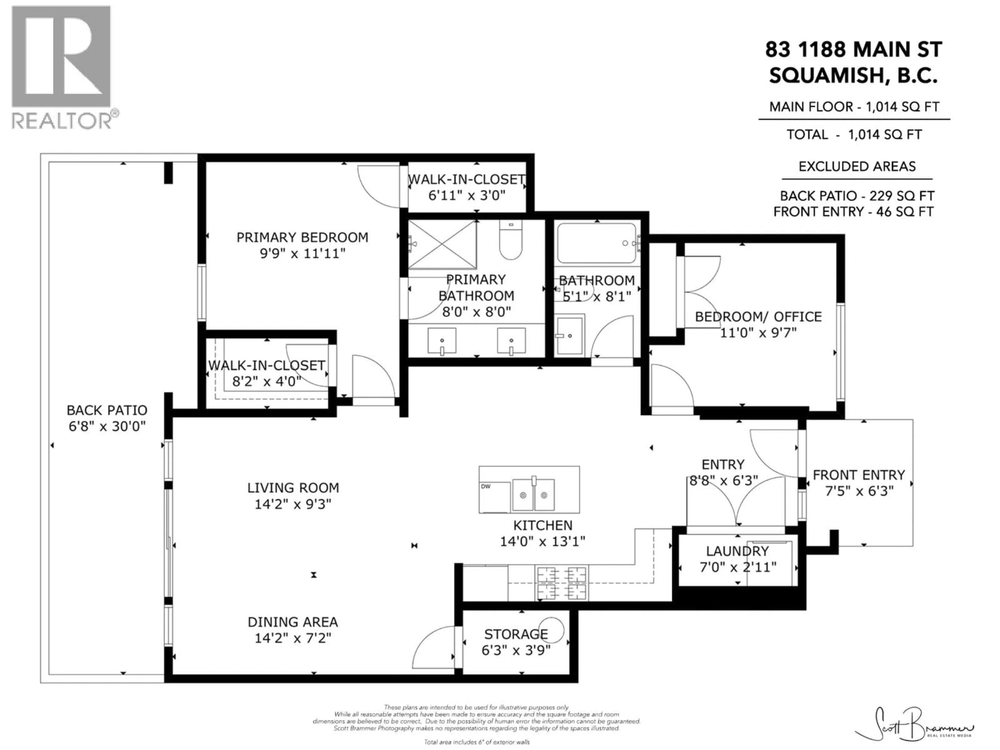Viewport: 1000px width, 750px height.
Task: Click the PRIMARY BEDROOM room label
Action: [302, 237]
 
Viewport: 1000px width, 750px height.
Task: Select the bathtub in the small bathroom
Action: [597, 243]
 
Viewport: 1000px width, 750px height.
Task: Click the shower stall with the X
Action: [442, 245]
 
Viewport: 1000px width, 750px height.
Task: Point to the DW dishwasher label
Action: [485, 486]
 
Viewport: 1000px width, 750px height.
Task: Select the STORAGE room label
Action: [516, 634]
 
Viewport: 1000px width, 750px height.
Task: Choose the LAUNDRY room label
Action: [737, 551]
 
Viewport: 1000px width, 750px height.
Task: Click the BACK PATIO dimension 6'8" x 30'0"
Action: [107, 426]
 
